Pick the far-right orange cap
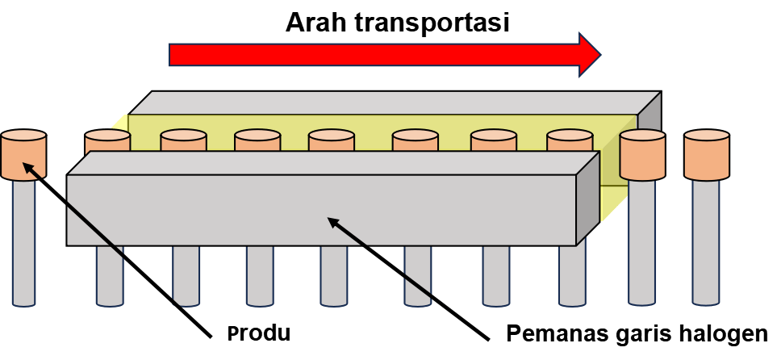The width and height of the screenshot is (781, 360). (x=707, y=155)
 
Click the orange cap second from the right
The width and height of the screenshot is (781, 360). (x=642, y=155)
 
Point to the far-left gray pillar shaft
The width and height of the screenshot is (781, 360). (x=23, y=242)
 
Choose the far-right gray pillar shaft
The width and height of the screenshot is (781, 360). (x=706, y=242)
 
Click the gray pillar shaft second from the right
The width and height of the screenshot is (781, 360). (x=642, y=242)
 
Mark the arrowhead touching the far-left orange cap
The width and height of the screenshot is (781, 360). (x=27, y=166)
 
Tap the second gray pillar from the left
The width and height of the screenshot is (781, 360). (x=110, y=274)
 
